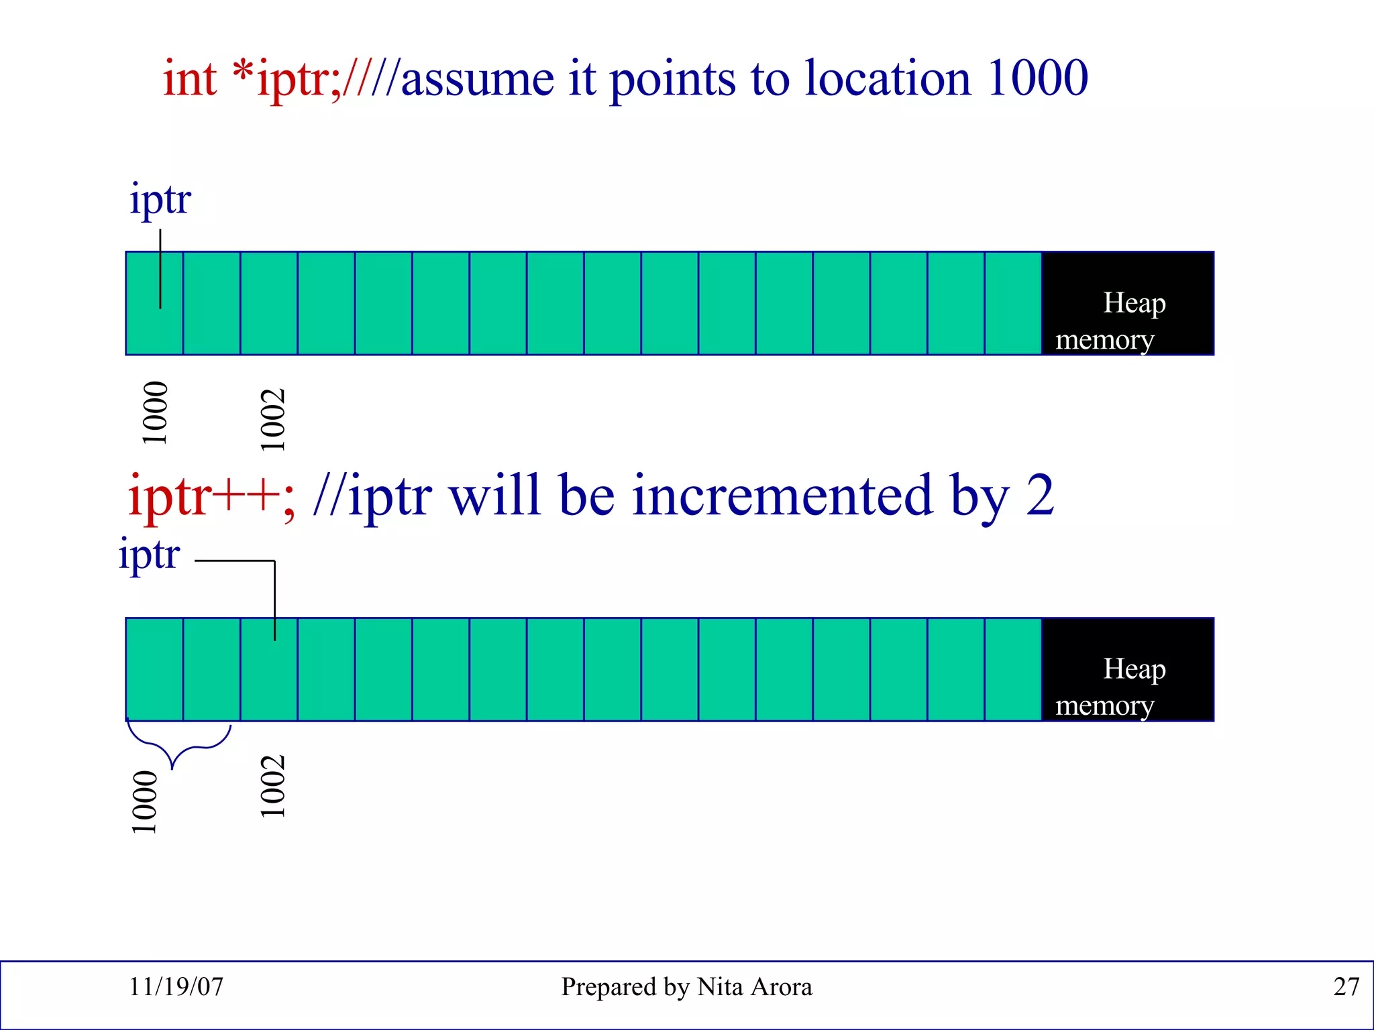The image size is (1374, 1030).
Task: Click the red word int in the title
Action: pyautogui.click(x=189, y=79)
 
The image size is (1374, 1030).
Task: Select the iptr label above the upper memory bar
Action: pyautogui.click(x=160, y=200)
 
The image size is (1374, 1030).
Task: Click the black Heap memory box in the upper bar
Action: pyautogui.click(x=1128, y=304)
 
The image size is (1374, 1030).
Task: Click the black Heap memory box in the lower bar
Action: pyautogui.click(x=1128, y=670)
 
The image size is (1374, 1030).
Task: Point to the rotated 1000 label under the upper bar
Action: pyautogui.click(x=154, y=413)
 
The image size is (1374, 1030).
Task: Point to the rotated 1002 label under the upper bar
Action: pyautogui.click(x=272, y=420)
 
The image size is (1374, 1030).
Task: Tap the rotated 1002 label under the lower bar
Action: pyautogui.click(x=272, y=786)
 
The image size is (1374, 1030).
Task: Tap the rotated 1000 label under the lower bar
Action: pyautogui.click(x=144, y=802)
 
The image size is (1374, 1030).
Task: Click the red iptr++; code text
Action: pyautogui.click(x=211, y=496)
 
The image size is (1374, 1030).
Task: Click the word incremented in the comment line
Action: pyautogui.click(x=782, y=496)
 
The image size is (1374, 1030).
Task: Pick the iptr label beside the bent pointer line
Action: pyautogui.click(x=149, y=555)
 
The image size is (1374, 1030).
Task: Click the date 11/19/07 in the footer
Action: pyautogui.click(x=176, y=986)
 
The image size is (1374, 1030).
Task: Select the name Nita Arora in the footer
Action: pyautogui.click(x=754, y=986)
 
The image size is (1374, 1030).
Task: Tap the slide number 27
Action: pyautogui.click(x=1346, y=986)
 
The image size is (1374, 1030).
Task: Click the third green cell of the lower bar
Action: pyautogui.click(x=268, y=677)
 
